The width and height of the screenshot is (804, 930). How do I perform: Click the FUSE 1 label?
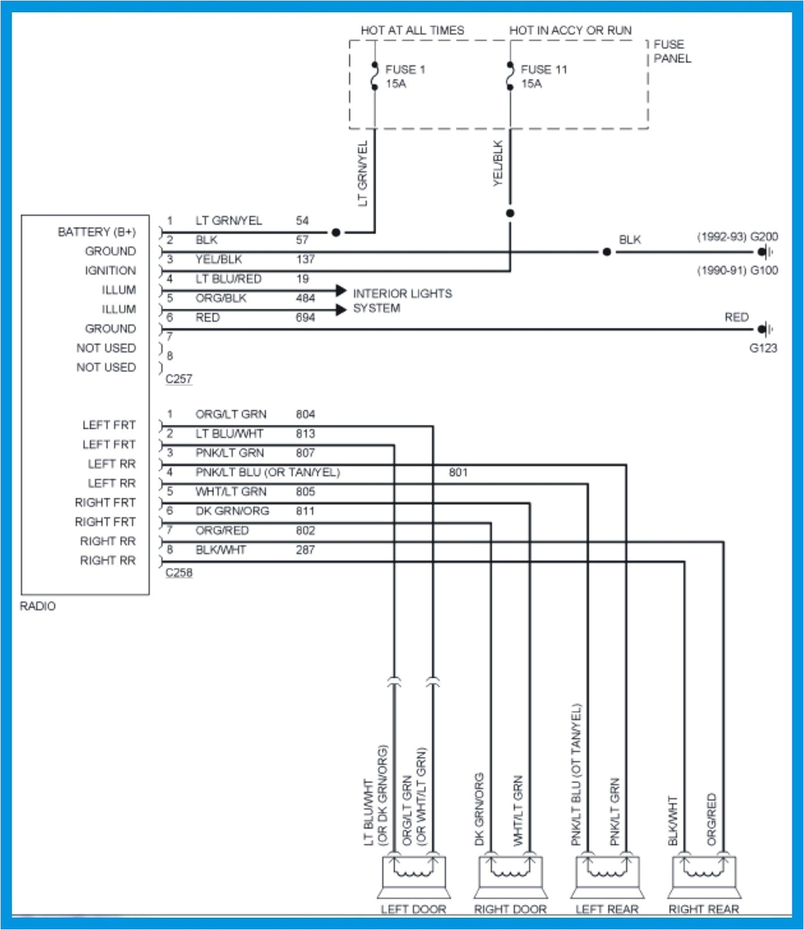tap(405, 70)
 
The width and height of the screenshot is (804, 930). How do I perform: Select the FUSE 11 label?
tap(543, 70)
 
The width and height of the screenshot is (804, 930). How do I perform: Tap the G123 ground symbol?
tap(764, 330)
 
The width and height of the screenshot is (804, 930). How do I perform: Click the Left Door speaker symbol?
tap(413, 877)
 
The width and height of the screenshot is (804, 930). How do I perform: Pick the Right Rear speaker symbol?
tap(704, 877)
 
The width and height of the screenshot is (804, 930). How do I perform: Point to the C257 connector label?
tap(178, 379)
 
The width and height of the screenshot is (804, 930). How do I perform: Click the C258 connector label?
tap(178, 573)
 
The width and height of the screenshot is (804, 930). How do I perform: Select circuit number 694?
tap(305, 318)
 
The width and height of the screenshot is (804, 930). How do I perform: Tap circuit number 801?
tap(458, 473)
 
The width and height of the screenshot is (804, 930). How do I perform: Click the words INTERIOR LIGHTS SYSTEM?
tap(402, 301)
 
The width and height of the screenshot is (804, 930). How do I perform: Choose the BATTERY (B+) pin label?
tap(97, 232)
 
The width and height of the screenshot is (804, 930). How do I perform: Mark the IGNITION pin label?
tap(110, 271)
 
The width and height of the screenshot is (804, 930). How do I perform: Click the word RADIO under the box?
tap(38, 606)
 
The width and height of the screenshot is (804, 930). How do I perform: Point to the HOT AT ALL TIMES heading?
tap(412, 30)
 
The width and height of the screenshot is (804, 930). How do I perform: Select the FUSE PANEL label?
tap(671, 52)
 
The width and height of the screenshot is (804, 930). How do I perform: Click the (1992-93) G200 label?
tap(737, 237)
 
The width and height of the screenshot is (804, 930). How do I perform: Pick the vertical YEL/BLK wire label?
tap(498, 163)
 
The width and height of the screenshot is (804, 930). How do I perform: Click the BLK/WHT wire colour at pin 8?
tap(220, 550)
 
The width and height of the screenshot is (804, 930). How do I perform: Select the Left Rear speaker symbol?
tap(607, 877)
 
